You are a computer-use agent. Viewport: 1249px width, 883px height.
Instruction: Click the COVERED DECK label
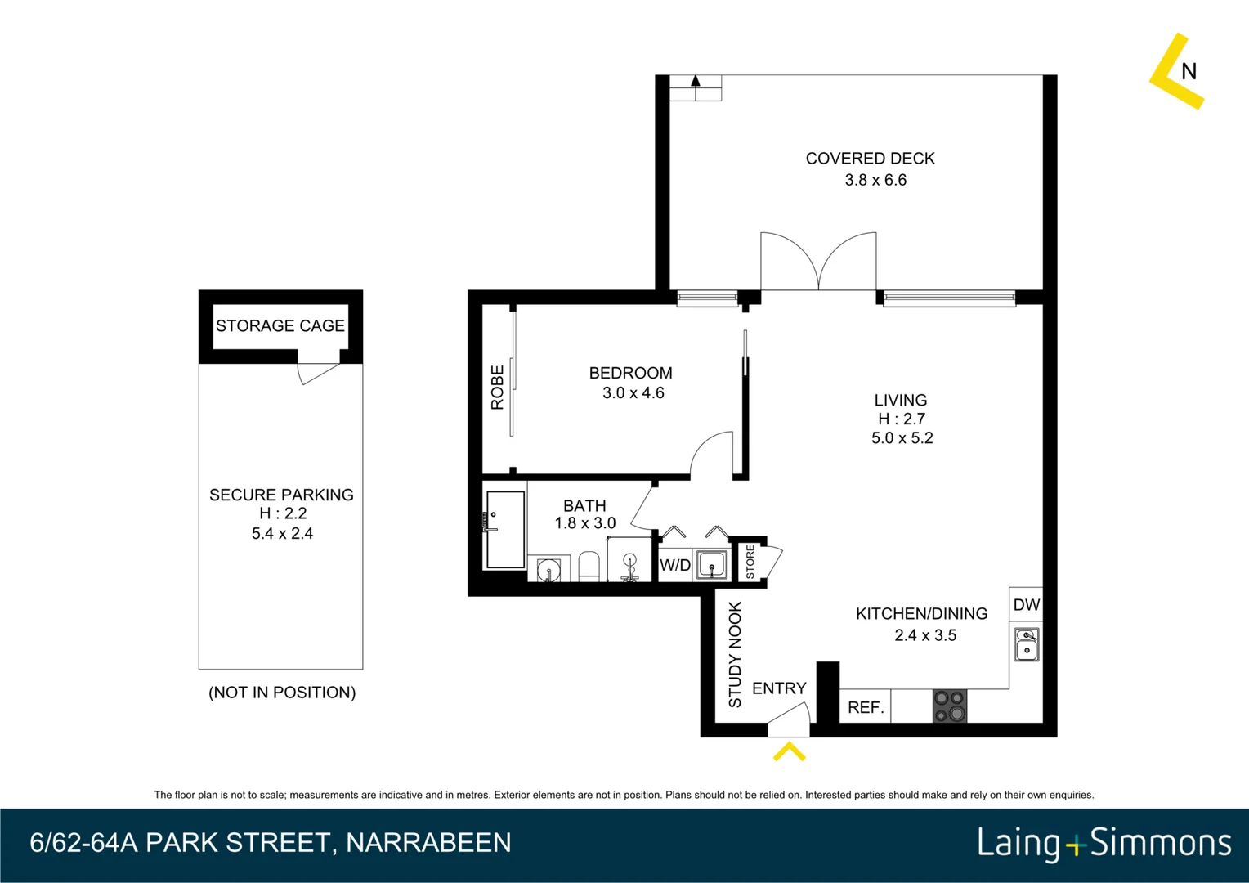[870, 159]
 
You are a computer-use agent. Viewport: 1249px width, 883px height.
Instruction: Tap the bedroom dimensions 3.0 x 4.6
[633, 393]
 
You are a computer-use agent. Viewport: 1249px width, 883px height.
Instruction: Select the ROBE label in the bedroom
[497, 388]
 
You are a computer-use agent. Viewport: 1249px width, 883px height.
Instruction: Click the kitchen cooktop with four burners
[949, 706]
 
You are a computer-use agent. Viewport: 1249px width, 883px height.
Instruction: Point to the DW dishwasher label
[1026, 605]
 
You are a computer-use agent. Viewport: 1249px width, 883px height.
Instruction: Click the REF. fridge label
[866, 707]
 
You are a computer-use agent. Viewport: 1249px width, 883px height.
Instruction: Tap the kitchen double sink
[1027, 643]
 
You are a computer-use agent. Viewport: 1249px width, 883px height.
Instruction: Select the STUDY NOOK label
[735, 654]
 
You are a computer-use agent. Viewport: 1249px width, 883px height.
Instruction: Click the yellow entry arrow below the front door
[789, 751]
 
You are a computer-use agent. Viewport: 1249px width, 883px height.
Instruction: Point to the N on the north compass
[1189, 72]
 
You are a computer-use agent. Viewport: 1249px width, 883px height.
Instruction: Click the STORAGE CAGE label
[280, 326]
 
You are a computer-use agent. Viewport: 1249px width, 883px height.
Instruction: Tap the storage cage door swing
[317, 373]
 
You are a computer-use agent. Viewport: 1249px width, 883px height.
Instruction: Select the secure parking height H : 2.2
[282, 513]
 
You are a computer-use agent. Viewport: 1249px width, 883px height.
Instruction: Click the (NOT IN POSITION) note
[282, 693]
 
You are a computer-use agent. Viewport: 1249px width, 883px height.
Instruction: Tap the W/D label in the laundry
[675, 565]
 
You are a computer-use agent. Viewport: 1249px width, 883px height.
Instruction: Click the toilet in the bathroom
[589, 566]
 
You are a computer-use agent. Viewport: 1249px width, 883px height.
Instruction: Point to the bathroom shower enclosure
[505, 529]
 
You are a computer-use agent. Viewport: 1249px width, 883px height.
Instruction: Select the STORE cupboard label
[750, 562]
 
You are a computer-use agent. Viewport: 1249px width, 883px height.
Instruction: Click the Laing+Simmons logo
[1104, 843]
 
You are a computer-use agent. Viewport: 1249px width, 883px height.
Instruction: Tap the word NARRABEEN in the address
[428, 843]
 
